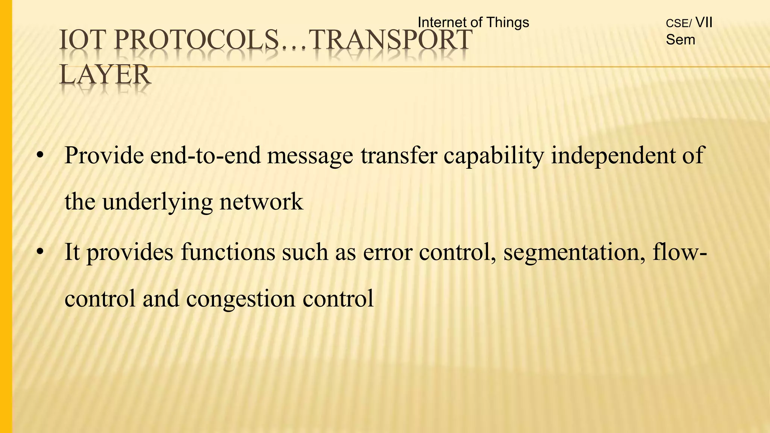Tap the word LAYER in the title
[x=105, y=74]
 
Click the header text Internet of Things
[x=473, y=23]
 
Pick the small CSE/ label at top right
[x=678, y=24]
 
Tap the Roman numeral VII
[x=704, y=23]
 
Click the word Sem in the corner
[x=681, y=39]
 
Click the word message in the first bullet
[x=310, y=156]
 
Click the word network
[x=261, y=202]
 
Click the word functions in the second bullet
[x=228, y=252]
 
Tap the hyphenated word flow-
[x=680, y=252]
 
